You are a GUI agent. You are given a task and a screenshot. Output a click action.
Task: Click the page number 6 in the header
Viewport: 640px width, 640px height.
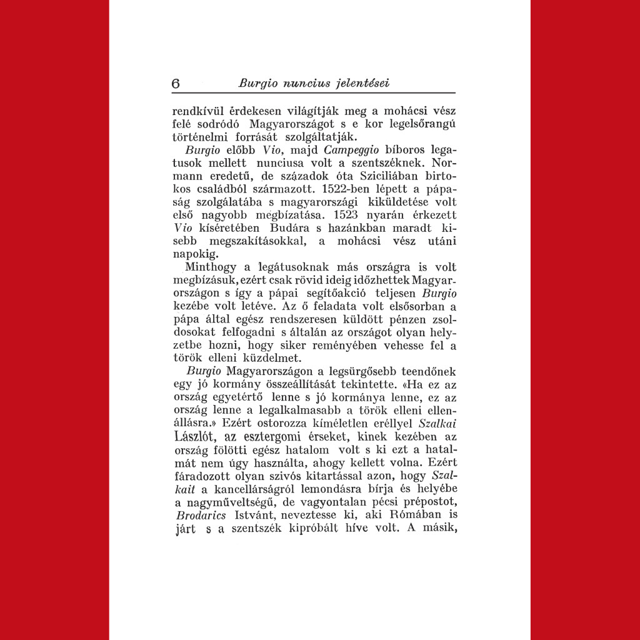click(x=176, y=84)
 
